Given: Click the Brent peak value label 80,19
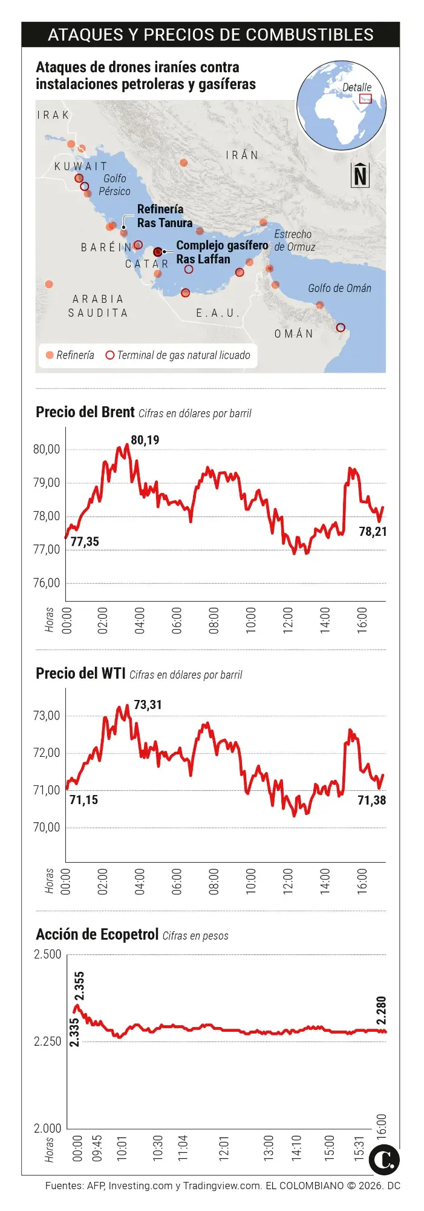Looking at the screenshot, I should pyautogui.click(x=145, y=440).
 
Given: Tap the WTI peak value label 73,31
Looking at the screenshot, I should pyautogui.click(x=148, y=705).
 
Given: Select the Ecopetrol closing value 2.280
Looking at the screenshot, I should pyautogui.click(x=381, y=1011).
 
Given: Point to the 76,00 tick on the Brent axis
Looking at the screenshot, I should pyautogui.click(x=47, y=583).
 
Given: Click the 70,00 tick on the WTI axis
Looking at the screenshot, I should pyautogui.click(x=47, y=827).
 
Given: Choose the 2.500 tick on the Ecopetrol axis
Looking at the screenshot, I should pyautogui.click(x=47, y=954).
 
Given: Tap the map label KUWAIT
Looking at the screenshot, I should pyautogui.click(x=81, y=166).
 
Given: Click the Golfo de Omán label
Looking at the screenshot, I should pyautogui.click(x=339, y=288).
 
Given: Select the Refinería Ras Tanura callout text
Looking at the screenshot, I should pyautogui.click(x=160, y=216).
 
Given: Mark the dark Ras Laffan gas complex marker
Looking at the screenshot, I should pyautogui.click(x=158, y=251).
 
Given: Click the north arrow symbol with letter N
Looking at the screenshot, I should pyautogui.click(x=360, y=176).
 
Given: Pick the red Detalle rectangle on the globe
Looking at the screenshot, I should pyautogui.click(x=365, y=99).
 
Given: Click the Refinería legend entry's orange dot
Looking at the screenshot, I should pyautogui.click(x=50, y=355).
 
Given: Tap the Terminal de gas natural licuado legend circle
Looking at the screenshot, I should pyautogui.click(x=109, y=355).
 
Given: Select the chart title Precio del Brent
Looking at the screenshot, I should pyautogui.click(x=85, y=412).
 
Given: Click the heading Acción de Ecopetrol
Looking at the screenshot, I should pyautogui.click(x=97, y=934).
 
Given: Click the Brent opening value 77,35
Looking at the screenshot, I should pyautogui.click(x=85, y=541).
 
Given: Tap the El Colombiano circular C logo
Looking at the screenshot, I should pyautogui.click(x=384, y=1160).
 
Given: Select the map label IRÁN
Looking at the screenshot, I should pyautogui.click(x=242, y=155).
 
